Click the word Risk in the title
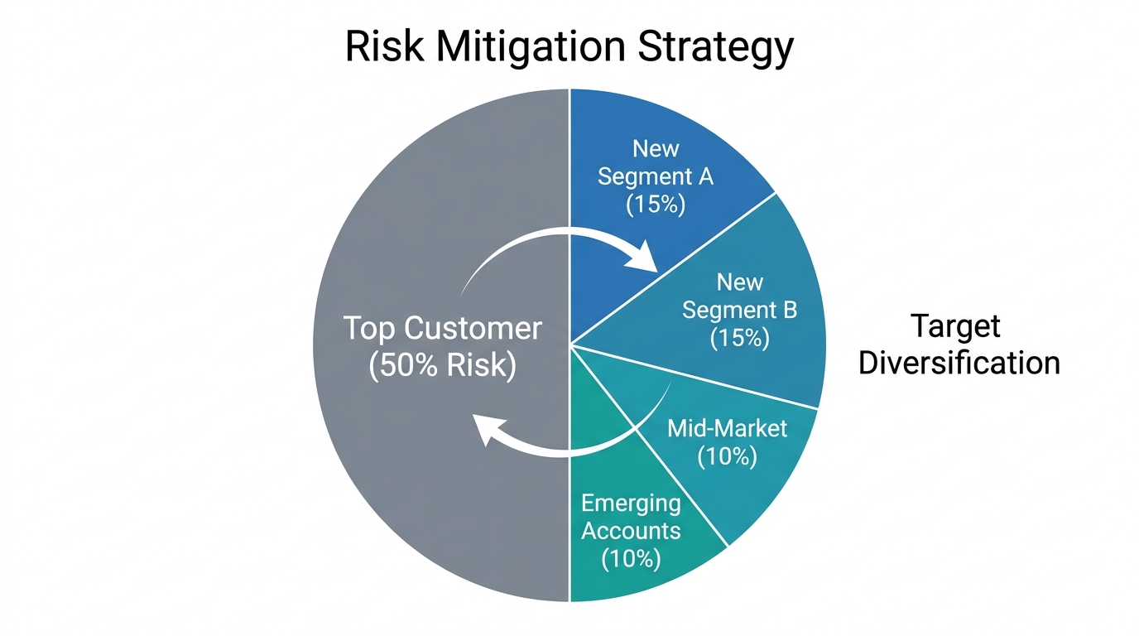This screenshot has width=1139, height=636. tap(385, 46)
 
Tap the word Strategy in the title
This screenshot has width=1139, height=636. tap(716, 48)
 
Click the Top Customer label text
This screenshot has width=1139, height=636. tap(442, 329)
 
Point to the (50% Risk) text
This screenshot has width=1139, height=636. tap(442, 365)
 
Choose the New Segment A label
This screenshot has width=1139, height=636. tap(656, 162)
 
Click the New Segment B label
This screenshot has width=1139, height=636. tap(739, 296)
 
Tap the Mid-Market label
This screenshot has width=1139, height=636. tap(727, 429)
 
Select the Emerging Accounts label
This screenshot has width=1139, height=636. tap(631, 517)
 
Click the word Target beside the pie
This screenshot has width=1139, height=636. tap(955, 325)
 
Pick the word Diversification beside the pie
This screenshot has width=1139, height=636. tap(959, 363)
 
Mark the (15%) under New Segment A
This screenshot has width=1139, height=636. tap(656, 204)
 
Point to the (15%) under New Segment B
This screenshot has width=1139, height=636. tap(739, 338)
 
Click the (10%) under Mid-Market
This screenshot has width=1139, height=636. tap(727, 456)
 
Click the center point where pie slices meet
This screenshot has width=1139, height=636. tap(569, 344)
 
